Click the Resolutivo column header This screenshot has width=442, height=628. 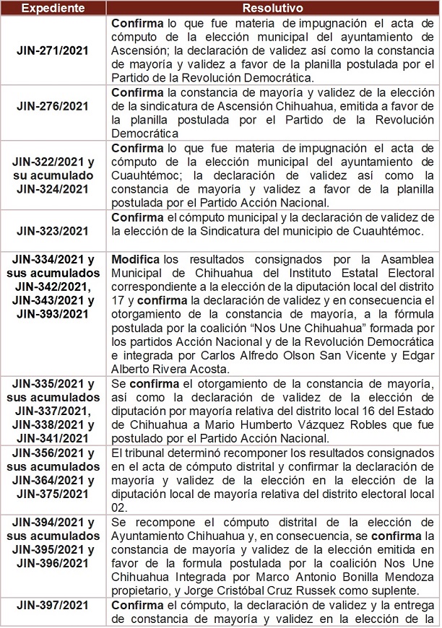272,7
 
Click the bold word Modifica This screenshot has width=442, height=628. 136,258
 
